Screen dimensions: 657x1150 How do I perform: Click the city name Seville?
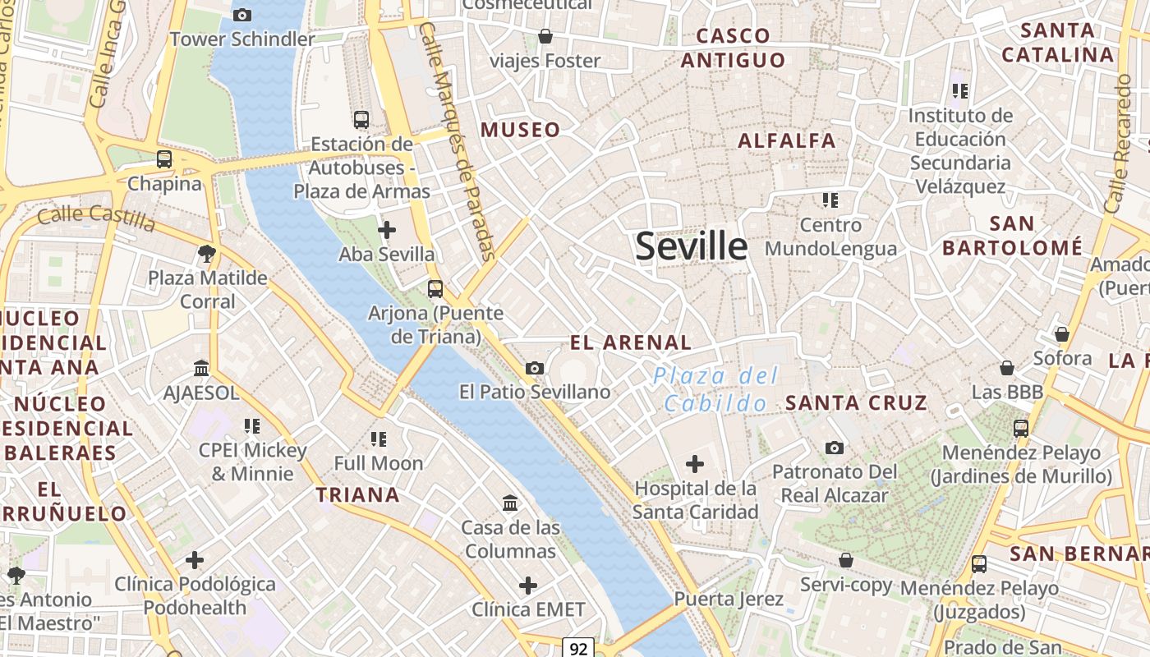click(692, 246)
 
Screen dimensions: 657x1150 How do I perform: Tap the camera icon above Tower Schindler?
click(241, 15)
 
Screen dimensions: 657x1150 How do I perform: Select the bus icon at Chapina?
click(164, 159)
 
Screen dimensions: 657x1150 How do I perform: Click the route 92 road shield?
click(578, 649)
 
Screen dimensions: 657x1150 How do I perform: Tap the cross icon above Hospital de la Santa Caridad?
click(695, 465)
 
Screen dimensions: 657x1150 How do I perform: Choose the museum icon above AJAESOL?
click(201, 368)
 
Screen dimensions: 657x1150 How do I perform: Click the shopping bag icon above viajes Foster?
click(545, 36)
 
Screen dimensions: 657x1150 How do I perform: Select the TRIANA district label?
click(358, 494)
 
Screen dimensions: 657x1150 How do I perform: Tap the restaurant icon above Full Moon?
click(378, 439)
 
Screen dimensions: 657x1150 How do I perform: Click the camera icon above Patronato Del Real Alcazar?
click(835, 448)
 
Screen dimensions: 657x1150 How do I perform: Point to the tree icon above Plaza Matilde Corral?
click(207, 253)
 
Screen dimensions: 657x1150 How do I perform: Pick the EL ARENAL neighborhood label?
click(631, 342)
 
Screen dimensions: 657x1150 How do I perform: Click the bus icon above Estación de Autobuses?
click(361, 120)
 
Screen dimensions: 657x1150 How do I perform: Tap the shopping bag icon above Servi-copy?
click(846, 560)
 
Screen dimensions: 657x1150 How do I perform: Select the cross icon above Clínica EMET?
click(528, 586)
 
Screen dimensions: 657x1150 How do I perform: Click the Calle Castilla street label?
click(96, 218)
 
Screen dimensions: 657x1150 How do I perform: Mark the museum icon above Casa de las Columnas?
click(510, 502)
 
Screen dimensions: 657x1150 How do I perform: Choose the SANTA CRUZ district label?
click(856, 402)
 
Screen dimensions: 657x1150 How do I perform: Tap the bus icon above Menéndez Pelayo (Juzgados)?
click(978, 564)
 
